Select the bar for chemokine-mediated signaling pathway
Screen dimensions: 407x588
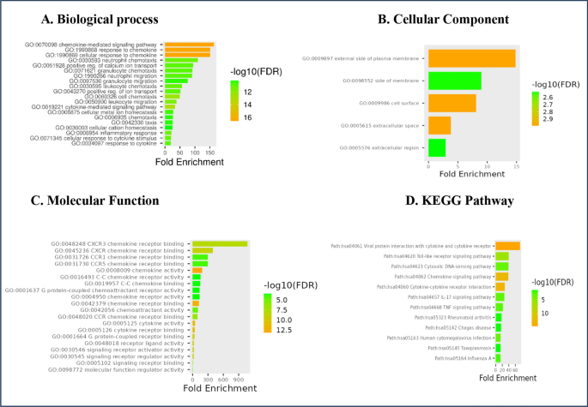coord(190,45)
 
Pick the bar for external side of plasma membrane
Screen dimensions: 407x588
coord(471,58)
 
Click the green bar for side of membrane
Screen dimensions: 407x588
coord(454,81)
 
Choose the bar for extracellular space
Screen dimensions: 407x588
coord(439,125)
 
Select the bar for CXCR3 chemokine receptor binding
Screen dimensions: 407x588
coord(220,244)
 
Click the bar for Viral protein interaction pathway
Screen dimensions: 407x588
coord(508,245)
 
